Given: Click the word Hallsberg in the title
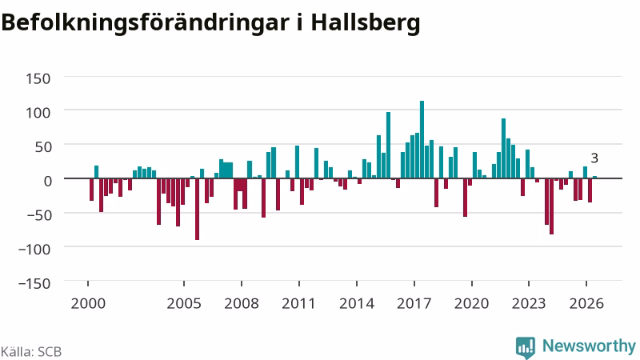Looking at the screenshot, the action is pos(366,23).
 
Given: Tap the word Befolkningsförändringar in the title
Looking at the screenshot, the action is pos(146,23).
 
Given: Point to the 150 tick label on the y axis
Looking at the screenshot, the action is pos(38,78).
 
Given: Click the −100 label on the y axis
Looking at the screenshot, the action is pos(34,249).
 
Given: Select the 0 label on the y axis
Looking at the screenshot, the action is pos(47,181).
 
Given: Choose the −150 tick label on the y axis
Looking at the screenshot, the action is pos(34,283).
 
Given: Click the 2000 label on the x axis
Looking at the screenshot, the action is pos(88,304).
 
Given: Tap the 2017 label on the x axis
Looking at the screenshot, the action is pos(414,304).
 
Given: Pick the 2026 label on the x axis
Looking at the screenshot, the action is pos(586,304).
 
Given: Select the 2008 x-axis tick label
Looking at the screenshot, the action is pos(242,304).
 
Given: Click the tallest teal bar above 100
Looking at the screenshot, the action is pos(422,139).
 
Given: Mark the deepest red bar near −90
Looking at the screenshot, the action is pos(197,209).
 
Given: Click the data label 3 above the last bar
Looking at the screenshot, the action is pos(594,158).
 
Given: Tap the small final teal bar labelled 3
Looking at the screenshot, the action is pos(594,177).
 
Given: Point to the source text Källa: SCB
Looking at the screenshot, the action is pos(31,352).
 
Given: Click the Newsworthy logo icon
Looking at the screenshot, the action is pos(526,348).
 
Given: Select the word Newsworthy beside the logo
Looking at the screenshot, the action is pos(589,346).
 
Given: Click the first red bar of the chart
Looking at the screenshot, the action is pos(92,190).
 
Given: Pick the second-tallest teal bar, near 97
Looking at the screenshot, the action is pos(388,146).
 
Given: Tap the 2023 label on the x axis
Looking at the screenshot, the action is pos(529,304).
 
